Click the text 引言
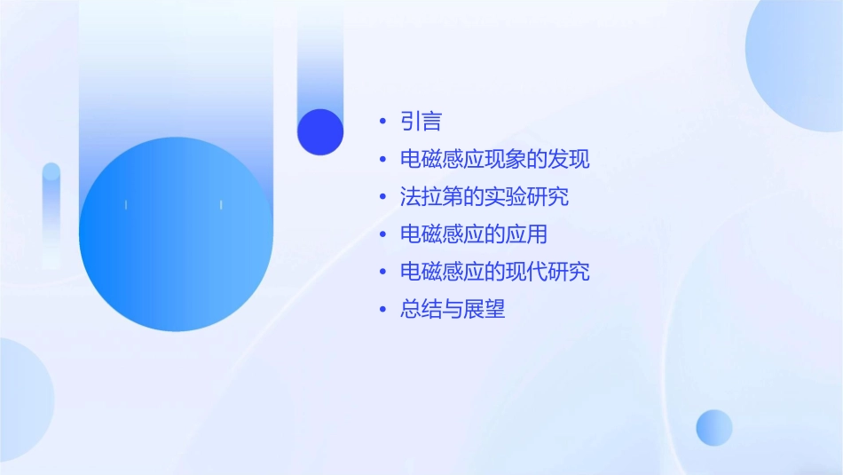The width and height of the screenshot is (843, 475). coord(421,122)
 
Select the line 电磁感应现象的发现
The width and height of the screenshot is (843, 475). coord(494,160)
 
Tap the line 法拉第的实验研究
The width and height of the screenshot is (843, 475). coord(485,197)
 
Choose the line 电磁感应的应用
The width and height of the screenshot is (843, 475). coord(474,234)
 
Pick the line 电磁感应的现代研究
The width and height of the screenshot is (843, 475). coord(494,272)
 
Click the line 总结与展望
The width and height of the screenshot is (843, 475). coord(453,309)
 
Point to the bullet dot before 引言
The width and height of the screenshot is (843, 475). coord(382,122)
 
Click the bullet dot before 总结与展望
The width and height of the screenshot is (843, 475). coord(382,309)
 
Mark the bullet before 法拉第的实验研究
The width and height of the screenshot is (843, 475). coord(382,197)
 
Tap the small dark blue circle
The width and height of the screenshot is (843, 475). coord(320,131)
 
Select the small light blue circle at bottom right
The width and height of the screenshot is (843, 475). coord(714,427)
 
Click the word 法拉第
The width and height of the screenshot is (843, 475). coord(432,197)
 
